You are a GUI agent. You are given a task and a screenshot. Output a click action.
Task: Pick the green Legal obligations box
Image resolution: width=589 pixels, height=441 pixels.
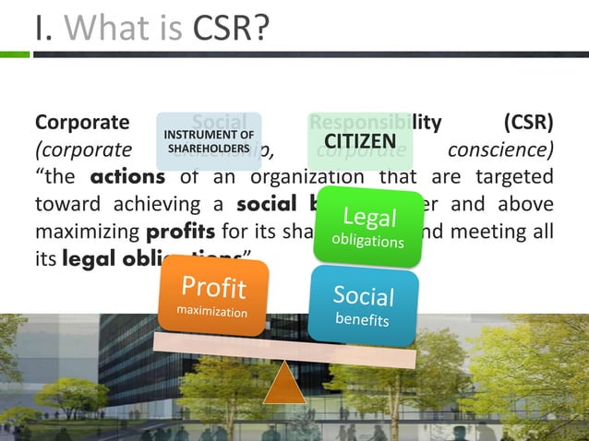[369, 227]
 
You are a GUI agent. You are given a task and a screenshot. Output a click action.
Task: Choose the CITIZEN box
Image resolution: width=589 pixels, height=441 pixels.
[360, 142]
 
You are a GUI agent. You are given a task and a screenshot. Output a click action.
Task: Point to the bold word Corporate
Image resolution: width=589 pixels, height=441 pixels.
[81, 122]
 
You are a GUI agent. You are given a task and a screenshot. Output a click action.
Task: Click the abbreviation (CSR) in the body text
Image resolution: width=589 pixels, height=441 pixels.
[529, 122]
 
